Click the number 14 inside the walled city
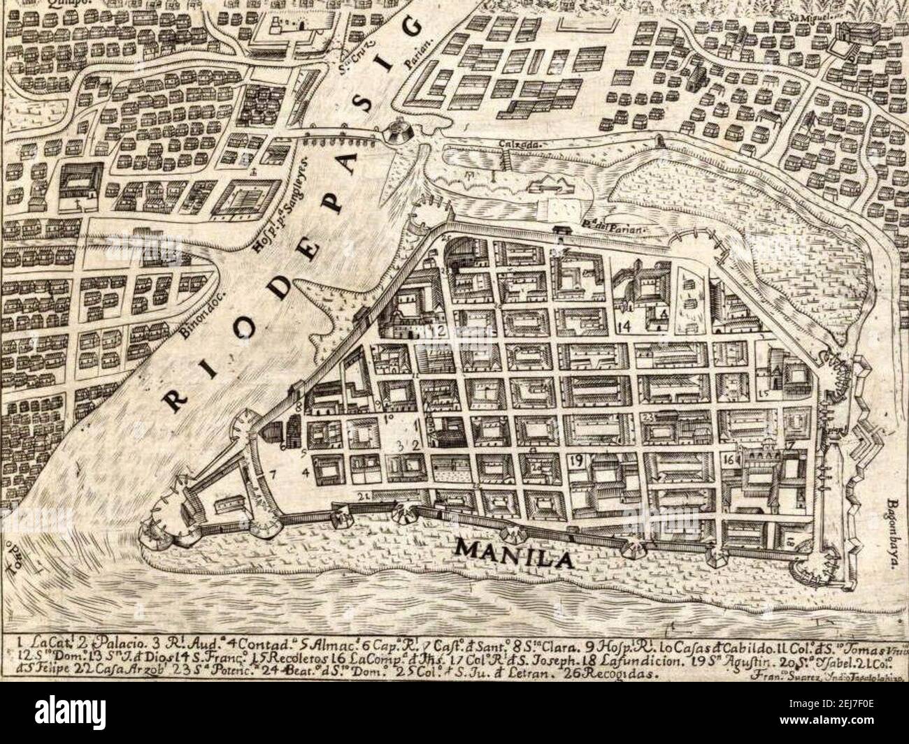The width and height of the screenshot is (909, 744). point(624,326)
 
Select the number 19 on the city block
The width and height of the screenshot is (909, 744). point(578,460)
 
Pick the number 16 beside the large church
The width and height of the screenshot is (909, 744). point(730,460)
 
